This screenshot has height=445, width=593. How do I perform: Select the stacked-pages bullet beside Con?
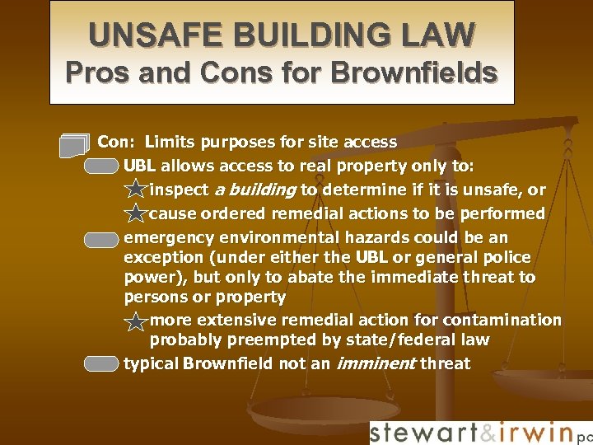pyautogui.click(x=73, y=145)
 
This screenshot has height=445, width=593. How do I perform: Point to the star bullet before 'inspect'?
pyautogui.click(x=135, y=191)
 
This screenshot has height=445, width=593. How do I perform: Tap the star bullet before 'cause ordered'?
pyautogui.click(x=135, y=215)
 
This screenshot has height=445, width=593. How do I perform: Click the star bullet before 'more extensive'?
pyautogui.click(x=135, y=321)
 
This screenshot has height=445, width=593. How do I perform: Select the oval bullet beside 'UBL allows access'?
pyautogui.click(x=102, y=167)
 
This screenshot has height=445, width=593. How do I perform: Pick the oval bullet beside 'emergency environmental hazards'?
pyautogui.click(x=102, y=240)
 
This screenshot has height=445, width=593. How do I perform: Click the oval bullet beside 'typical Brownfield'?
pyautogui.click(x=102, y=364)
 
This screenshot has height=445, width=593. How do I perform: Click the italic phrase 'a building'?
pyautogui.click(x=254, y=190)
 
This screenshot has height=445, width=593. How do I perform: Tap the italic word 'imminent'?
pyautogui.click(x=375, y=363)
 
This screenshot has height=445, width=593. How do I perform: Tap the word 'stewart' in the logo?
pyautogui.click(x=421, y=433)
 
